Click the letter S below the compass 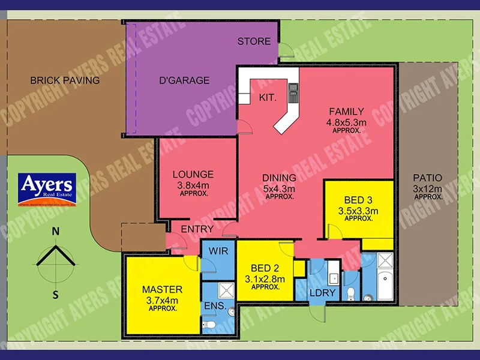pos(55,294)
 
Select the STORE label pos(254,41)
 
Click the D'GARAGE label pos(184,80)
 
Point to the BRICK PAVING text pos(65,80)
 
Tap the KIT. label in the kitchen pos(268,97)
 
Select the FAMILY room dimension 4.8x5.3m pos(346,122)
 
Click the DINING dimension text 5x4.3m pos(279,188)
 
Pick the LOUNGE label pos(193,175)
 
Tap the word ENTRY pos(197,229)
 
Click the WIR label pos(219,251)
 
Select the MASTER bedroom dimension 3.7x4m pos(162,300)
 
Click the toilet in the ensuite pos(208,325)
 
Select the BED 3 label pos(359,200)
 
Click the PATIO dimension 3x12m pos(428,188)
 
